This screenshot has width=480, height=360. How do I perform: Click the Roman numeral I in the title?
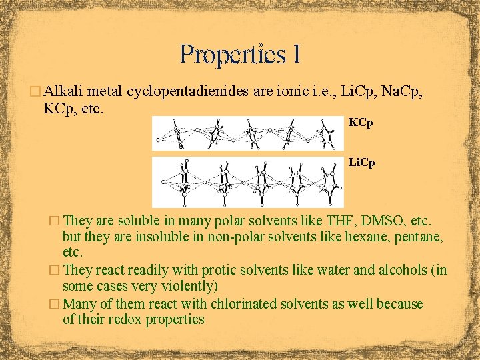[x=296, y=53]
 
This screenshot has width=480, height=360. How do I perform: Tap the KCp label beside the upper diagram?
[x=361, y=123]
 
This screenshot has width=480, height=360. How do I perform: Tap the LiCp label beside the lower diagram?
[x=362, y=162]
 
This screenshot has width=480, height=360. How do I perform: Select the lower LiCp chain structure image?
[x=248, y=181]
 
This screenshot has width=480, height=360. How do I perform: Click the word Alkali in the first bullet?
[x=65, y=92]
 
